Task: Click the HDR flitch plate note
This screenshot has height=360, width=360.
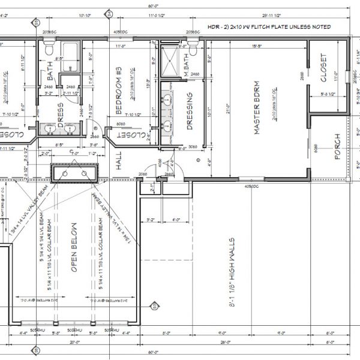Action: (x=280, y=28)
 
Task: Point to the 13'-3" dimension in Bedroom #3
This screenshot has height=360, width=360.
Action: (x=148, y=84)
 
